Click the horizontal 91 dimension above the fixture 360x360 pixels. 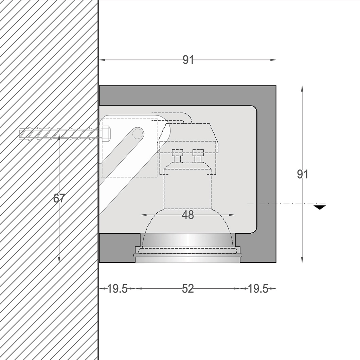tap(188, 60)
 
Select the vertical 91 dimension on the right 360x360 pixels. tap(303, 175)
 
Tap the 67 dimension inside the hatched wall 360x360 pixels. tap(59, 198)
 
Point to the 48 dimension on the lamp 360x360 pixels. tap(188, 215)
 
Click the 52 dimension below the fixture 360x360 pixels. tap(188, 289)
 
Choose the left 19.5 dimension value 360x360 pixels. tap(117, 289)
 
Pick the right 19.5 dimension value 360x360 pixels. tap(258, 289)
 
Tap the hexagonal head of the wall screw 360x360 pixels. tap(106, 133)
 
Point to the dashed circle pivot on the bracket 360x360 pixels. tap(137, 133)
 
